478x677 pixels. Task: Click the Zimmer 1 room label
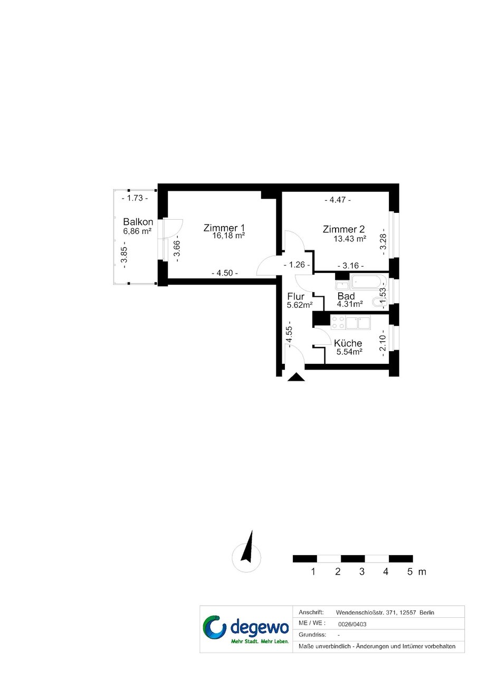(x=224, y=228)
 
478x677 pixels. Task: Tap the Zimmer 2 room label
(x=343, y=229)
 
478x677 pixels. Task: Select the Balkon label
(x=138, y=222)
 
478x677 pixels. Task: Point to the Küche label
(x=348, y=343)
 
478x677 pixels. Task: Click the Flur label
(x=295, y=296)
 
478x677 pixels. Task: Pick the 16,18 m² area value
(x=228, y=236)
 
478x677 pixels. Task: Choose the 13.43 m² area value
(x=350, y=239)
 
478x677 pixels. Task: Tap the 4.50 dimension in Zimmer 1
(x=225, y=273)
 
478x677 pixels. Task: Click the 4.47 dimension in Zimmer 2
(x=338, y=200)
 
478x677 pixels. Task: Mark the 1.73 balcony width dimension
(x=135, y=198)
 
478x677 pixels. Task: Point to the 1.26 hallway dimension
(x=297, y=265)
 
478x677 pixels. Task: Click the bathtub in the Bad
(x=368, y=283)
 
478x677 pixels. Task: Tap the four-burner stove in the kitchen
(x=338, y=322)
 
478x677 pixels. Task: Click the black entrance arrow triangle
(x=296, y=377)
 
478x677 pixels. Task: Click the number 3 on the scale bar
(x=361, y=571)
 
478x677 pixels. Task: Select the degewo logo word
(x=260, y=628)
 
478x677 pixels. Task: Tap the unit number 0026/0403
(x=352, y=624)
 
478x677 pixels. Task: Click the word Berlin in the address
(x=427, y=613)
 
